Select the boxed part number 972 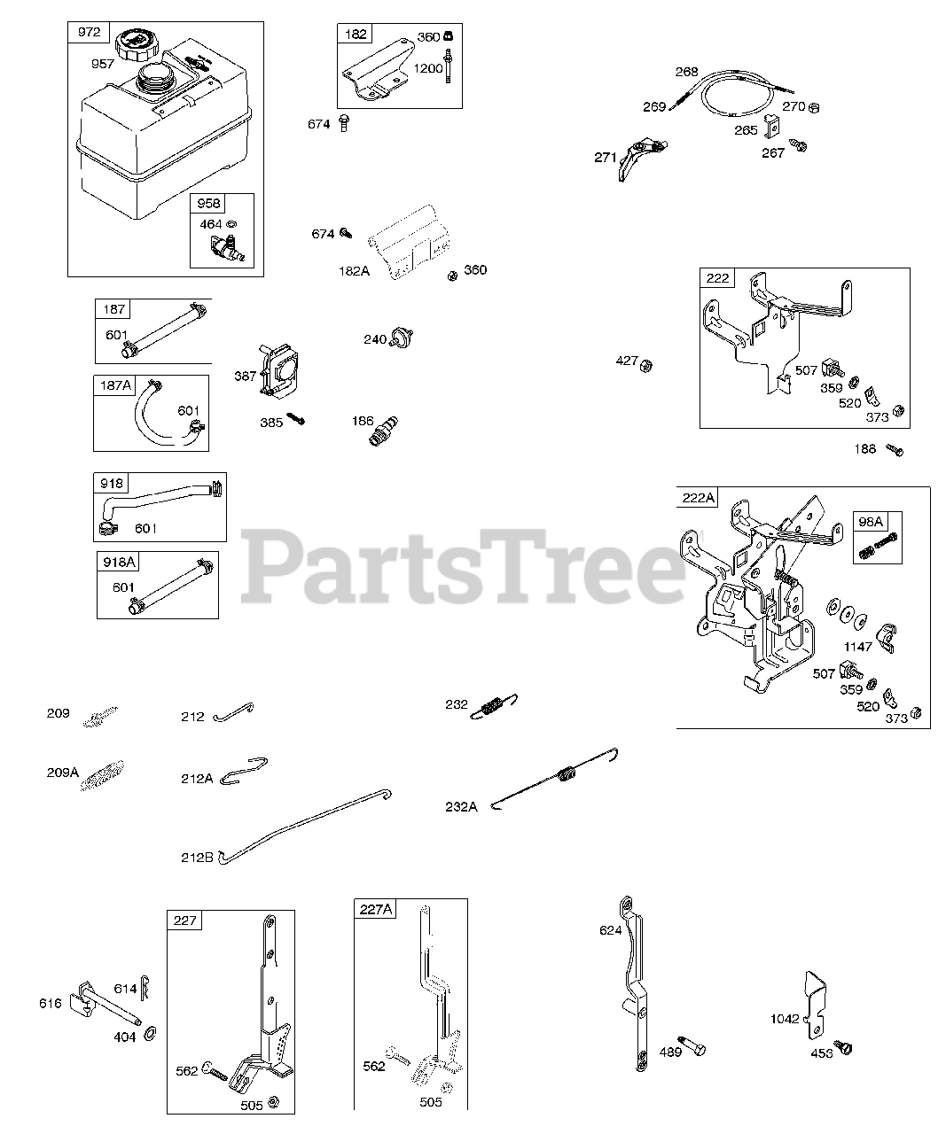pos(89,33)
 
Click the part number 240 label pos(375,339)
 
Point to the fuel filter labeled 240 pos(404,337)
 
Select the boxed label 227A pos(376,909)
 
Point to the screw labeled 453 pos(844,1049)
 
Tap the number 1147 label pos(857,647)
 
